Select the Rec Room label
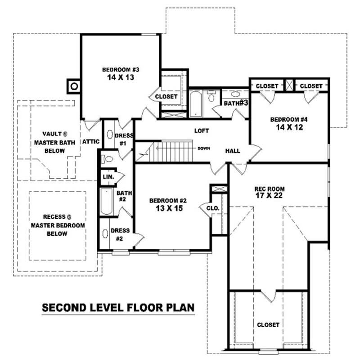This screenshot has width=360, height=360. click(269, 189)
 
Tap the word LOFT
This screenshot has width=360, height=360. click(202, 131)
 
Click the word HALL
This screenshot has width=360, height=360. click(233, 151)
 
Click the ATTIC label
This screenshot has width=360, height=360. click(90, 141)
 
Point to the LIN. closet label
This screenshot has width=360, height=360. click(108, 177)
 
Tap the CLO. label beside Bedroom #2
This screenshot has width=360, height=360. click(212, 208)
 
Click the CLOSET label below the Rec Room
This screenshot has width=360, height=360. click(268, 324)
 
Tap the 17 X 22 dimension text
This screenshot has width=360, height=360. click(269, 196)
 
